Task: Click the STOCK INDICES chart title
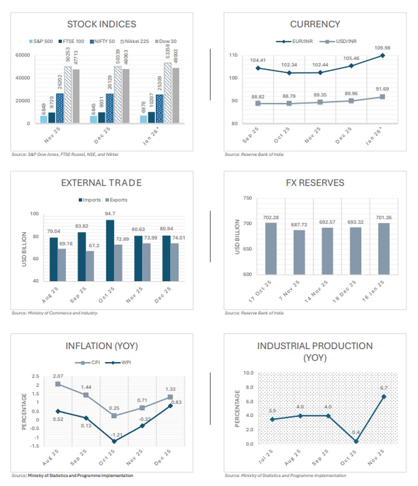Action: point(102,24)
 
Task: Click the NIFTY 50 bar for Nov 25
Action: point(60,108)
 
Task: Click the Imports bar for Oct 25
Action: point(110,250)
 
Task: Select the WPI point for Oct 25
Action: point(114,441)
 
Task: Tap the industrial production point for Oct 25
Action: point(356,441)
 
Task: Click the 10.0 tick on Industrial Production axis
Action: point(248,373)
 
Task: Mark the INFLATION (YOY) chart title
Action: point(102,346)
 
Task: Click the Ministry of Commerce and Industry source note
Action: point(54,313)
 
